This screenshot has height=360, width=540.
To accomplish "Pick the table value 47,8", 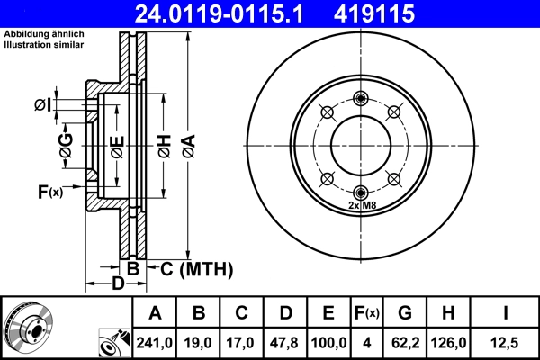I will coord(285,342).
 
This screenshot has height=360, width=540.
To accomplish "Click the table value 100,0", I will coord(328,342).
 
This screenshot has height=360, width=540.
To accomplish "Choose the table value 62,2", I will coord(406,342).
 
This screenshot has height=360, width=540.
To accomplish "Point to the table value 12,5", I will coord(506,342).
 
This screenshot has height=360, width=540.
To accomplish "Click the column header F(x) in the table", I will coord(366,313).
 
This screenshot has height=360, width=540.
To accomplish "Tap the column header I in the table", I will coord(506,313).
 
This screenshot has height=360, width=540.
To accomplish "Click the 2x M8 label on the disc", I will coord(361,206).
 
